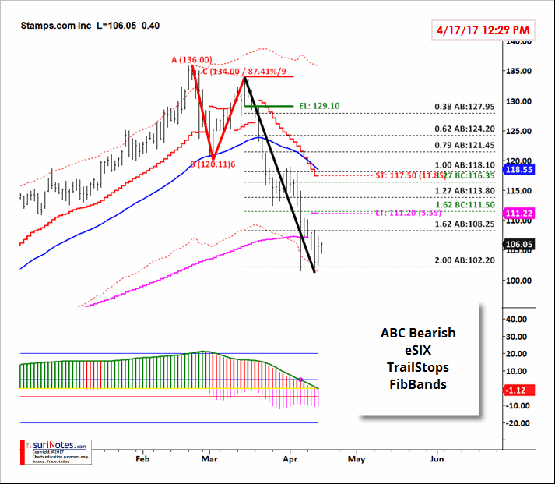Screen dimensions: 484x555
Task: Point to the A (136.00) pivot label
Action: pyautogui.click(x=191, y=59)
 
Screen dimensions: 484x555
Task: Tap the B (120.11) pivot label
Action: pyautogui.click(x=214, y=165)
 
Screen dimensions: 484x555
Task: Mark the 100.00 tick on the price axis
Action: pyautogui.click(x=518, y=281)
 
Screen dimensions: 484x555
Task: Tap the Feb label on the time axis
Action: pyautogui.click(x=142, y=458)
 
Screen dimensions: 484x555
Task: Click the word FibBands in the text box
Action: pyautogui.click(x=418, y=384)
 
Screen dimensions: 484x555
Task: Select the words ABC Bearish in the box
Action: pyautogui.click(x=418, y=333)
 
